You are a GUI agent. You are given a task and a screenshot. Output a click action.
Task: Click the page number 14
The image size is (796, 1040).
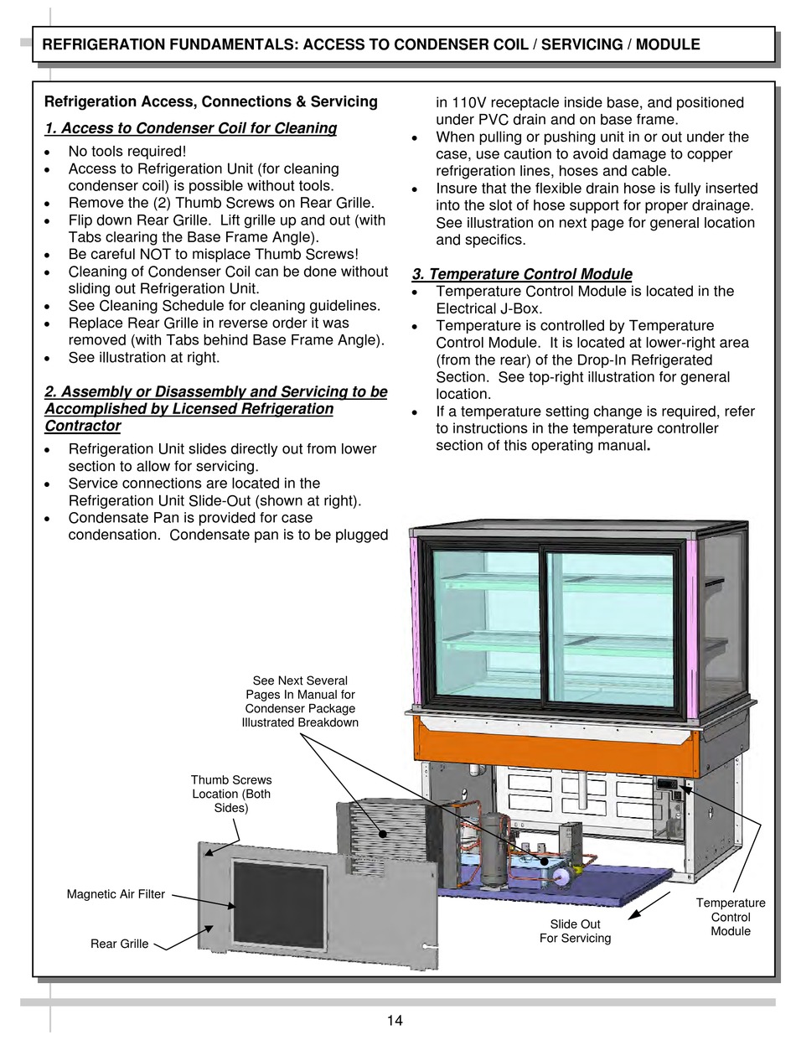coord(395,1020)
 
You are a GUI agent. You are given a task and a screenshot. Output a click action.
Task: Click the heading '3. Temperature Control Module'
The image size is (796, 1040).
coord(522,274)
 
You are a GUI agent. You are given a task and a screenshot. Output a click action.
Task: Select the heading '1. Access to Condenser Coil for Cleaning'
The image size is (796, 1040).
coord(190,128)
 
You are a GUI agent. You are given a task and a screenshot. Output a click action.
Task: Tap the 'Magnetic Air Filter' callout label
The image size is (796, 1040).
coord(116,894)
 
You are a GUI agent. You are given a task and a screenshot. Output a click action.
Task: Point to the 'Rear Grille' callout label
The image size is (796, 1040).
coord(119,944)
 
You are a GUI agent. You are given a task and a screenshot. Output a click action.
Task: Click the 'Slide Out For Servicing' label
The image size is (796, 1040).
coord(575,931)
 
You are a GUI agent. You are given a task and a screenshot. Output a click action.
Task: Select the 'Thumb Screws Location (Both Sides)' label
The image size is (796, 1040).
coord(231,794)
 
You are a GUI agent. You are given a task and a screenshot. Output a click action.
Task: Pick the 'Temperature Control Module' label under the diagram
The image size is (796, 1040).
coord(731,917)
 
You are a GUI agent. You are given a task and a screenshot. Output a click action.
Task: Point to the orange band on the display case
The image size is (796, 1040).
coord(553,747)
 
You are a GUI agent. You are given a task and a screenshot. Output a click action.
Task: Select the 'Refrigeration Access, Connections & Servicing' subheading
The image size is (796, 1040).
coord(210,102)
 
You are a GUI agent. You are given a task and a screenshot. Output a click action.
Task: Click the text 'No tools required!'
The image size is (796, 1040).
coord(127,152)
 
